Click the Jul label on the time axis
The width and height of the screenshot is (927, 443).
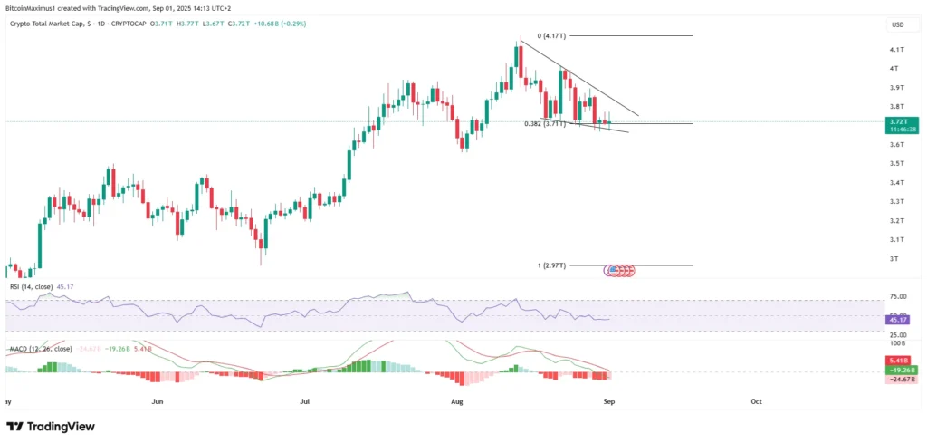point(304,400)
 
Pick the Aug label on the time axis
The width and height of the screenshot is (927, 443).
point(455,400)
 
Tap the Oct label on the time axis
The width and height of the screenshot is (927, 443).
point(756,400)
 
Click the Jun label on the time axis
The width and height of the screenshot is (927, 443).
point(158,400)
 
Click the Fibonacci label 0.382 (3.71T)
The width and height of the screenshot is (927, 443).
point(545,123)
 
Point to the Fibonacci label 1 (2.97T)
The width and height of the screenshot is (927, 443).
point(551,265)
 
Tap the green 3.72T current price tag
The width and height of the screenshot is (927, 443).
point(898,120)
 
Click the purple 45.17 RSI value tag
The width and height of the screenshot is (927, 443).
point(898,320)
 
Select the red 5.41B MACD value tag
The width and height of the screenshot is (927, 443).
point(898,361)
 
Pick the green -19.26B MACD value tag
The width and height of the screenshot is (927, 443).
point(898,370)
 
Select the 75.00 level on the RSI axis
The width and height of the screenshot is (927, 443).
point(897,296)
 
